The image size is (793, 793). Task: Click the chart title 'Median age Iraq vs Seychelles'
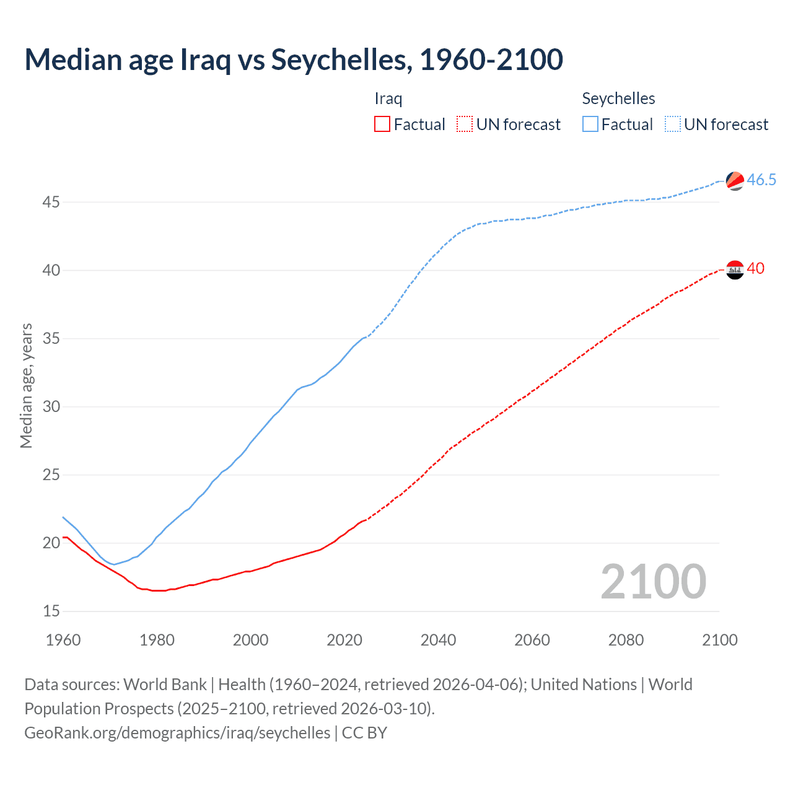(294, 59)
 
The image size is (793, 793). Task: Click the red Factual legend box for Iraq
(382, 124)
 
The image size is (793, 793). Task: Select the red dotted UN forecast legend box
(465, 124)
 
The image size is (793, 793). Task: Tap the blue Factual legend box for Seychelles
(590, 124)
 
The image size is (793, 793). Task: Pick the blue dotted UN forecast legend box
(672, 124)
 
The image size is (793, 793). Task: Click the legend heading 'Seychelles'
(618, 99)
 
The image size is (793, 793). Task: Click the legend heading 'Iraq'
(388, 99)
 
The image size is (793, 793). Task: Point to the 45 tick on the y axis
(51, 203)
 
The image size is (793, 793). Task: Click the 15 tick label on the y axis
(51, 611)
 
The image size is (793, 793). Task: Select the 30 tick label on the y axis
(51, 407)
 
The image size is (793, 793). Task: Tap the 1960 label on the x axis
(63, 640)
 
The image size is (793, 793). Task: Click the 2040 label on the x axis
(438, 640)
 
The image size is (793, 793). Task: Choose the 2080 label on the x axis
(626, 640)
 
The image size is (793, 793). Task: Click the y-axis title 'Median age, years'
(26, 385)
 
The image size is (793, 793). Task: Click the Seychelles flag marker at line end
(735, 181)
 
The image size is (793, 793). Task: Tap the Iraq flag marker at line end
(735, 270)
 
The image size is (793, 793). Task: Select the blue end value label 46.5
(761, 180)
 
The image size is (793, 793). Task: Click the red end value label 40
(756, 269)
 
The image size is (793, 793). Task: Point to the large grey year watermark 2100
(653, 581)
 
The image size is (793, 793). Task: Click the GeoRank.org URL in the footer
(177, 733)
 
